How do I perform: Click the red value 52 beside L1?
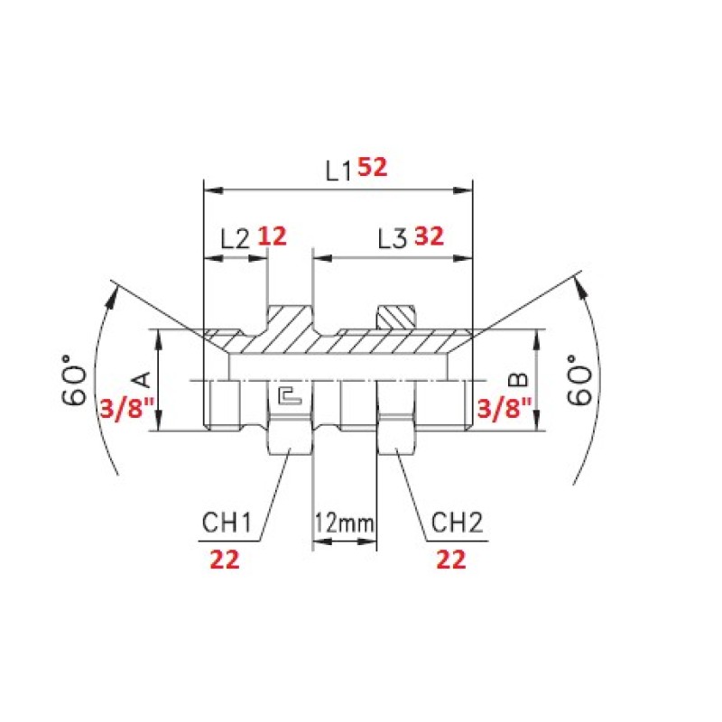click(373, 167)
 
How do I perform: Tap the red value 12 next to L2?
click(272, 236)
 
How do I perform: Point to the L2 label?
click(235, 239)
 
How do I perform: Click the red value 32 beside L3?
click(430, 236)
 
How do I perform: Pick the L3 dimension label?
click(393, 239)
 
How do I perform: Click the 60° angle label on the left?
click(75, 379)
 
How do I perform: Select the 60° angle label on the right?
click(579, 379)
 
